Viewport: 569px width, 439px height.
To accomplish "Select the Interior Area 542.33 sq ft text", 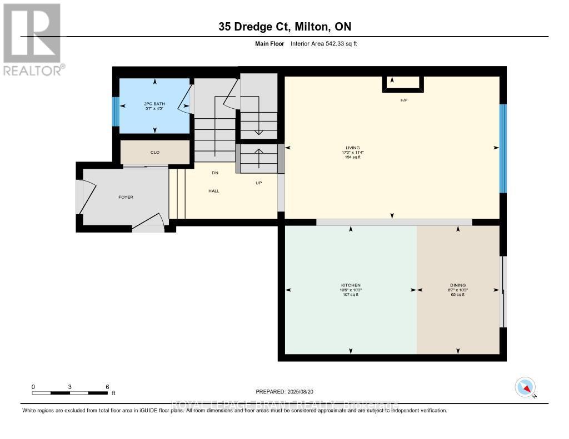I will coord(323,43).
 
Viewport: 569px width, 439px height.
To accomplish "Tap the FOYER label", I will coord(126,197).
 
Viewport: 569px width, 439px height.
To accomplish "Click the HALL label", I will coord(214,191).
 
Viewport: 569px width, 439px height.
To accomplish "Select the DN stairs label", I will coord(215,173).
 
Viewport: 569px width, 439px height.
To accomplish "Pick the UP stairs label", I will coord(258,183).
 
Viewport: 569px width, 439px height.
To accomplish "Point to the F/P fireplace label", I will coord(404,100).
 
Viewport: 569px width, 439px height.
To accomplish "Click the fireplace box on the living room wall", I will coord(403,83).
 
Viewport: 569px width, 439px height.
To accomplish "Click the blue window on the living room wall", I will coord(503,148).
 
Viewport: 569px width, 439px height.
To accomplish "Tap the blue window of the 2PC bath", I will coord(116,112).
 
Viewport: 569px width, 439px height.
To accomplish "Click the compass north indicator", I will coord(525,387).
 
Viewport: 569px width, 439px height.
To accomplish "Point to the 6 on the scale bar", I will coord(107,387).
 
